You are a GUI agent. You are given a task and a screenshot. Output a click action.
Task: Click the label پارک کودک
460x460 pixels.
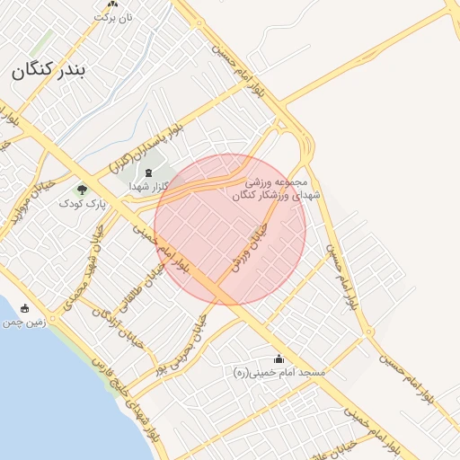coord(82,204)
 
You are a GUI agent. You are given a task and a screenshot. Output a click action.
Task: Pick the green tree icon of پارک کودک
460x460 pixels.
coord(83,189)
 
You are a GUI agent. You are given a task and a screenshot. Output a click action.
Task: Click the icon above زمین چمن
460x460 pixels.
coord(24,308)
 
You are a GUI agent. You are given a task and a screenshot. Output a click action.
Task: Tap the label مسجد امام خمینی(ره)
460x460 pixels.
coord(279,372)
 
